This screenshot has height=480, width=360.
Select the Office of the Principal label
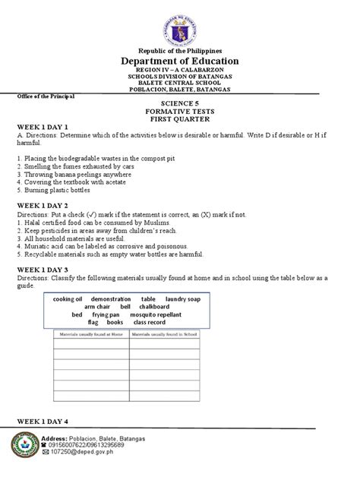[x=45, y=96]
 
